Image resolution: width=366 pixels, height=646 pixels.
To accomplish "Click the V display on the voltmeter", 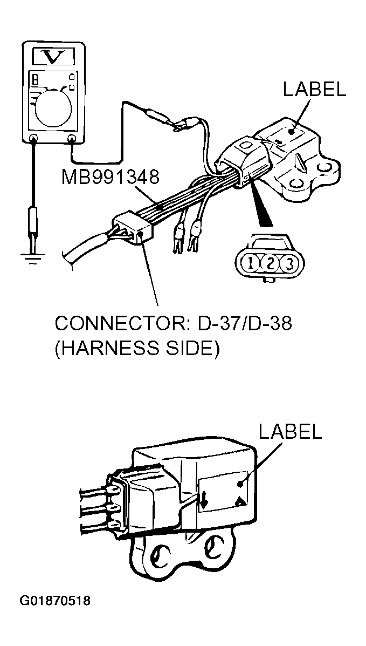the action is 53,57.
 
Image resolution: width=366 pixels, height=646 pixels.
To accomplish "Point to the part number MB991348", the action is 111,178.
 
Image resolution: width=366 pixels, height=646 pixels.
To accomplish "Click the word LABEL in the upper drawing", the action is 315,90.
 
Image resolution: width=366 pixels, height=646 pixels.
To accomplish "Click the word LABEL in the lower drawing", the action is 290,431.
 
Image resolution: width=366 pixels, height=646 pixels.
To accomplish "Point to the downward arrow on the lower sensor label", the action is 204,499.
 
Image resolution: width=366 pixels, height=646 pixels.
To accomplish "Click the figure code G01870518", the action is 55,601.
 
